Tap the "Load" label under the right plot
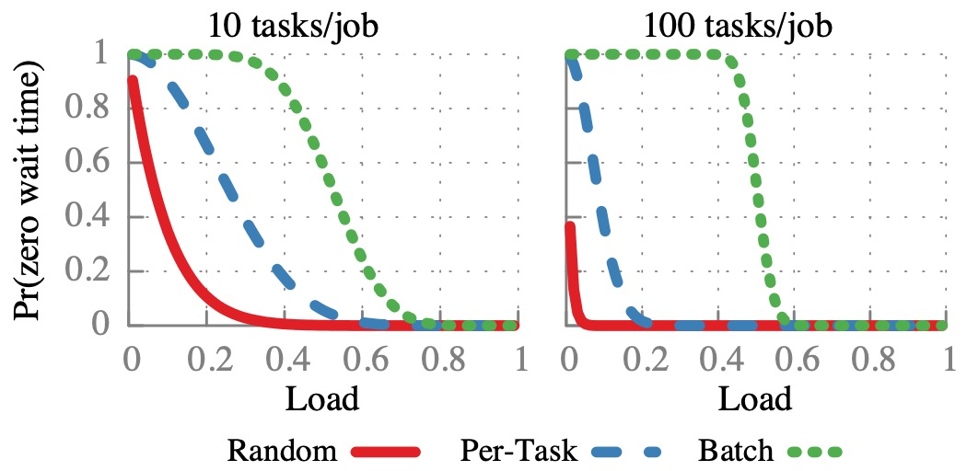click(x=755, y=399)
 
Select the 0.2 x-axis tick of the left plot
click(x=207, y=358)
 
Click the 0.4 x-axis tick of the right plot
click(x=718, y=358)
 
